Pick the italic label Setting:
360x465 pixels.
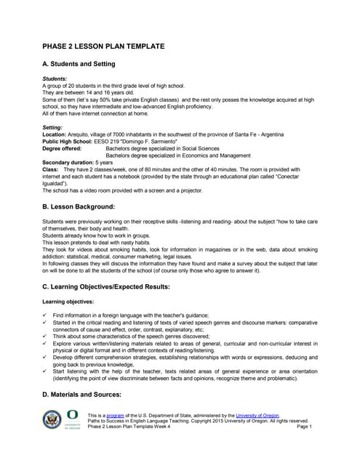click(53, 127)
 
